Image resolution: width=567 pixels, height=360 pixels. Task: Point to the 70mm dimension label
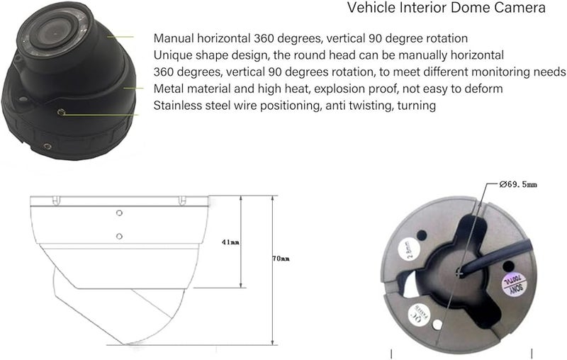click(x=281, y=259)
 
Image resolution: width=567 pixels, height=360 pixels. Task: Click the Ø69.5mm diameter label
click(x=518, y=184)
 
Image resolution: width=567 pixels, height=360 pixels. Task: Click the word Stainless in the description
click(x=178, y=105)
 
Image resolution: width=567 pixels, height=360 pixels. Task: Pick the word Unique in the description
click(x=172, y=55)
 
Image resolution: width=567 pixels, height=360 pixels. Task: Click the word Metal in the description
click(x=169, y=88)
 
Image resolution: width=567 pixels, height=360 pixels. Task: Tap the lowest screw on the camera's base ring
click(x=47, y=146)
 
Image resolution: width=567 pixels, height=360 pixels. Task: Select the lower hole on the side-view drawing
click(x=118, y=236)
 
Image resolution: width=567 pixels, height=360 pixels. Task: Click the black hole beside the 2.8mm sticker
click(x=422, y=234)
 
